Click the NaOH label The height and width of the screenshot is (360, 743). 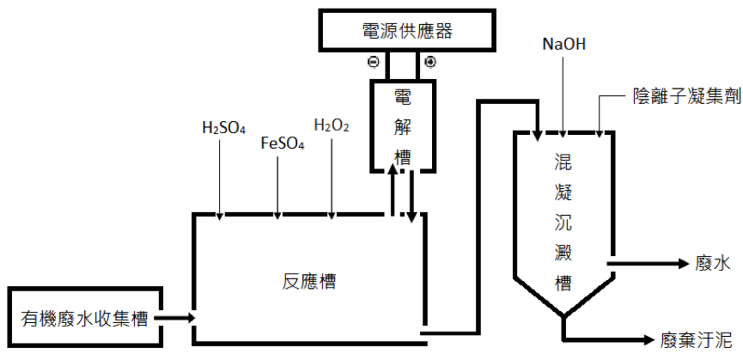(x=564, y=43)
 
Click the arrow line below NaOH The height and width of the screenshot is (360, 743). (x=564, y=95)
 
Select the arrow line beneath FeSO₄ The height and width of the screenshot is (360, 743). (x=277, y=185)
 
